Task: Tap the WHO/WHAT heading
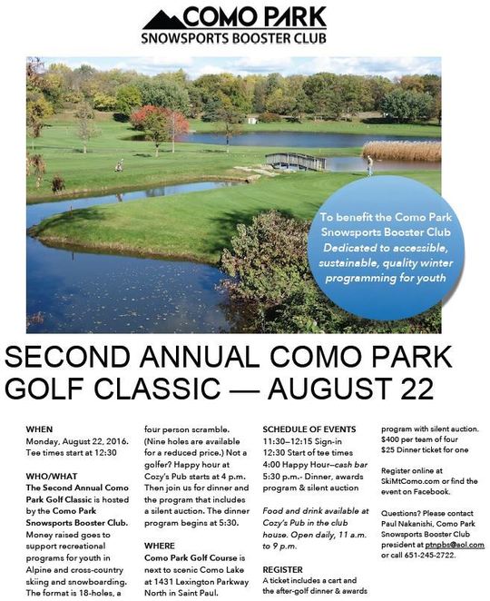point(53,473)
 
